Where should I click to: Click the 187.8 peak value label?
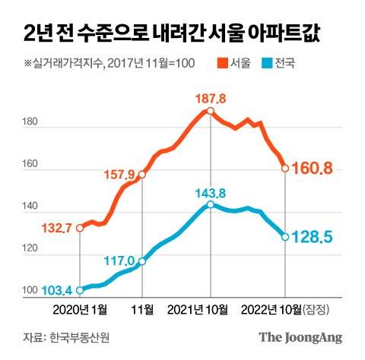209,98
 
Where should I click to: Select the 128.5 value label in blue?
313,238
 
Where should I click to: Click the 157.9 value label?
118,163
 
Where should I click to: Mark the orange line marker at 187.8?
209,111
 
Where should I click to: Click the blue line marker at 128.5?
285,237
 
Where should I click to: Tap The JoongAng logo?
300,337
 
